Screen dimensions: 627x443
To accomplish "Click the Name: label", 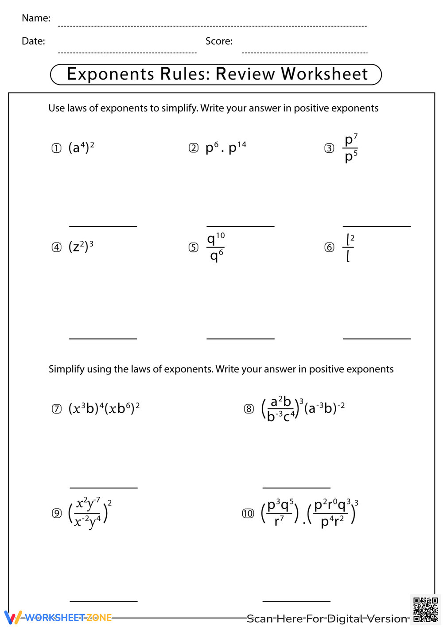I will pyautogui.click(x=36, y=18).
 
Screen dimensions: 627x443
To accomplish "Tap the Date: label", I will pyautogui.click(x=33, y=41).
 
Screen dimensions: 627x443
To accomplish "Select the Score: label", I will pyautogui.click(x=219, y=41).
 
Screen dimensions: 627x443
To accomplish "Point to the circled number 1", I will pyautogui.click(x=56, y=148).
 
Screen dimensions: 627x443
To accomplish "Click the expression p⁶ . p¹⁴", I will pyautogui.click(x=225, y=147).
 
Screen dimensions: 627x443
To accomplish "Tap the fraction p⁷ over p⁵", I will pyautogui.click(x=351, y=148).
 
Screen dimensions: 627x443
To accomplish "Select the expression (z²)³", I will pyautogui.click(x=81, y=246).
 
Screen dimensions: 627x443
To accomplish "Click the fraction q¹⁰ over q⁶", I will pyautogui.click(x=216, y=247).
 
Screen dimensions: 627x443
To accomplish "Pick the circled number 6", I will pyautogui.click(x=329, y=247).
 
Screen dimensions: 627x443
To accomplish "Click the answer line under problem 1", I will pyautogui.click(x=103, y=226).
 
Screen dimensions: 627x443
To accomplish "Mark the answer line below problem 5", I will pyautogui.click(x=240, y=339).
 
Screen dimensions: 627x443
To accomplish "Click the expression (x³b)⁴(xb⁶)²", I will pyautogui.click(x=104, y=408).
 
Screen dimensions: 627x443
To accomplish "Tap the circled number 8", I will pyautogui.click(x=249, y=409).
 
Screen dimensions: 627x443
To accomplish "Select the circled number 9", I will pyautogui.click(x=57, y=513).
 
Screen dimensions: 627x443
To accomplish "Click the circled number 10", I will pyautogui.click(x=248, y=514).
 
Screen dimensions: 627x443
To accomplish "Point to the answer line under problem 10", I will pyautogui.click(x=296, y=601).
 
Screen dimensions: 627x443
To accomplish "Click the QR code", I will pyautogui.click(x=425, y=610).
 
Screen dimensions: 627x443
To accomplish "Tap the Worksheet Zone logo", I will pyautogui.click(x=58, y=617).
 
